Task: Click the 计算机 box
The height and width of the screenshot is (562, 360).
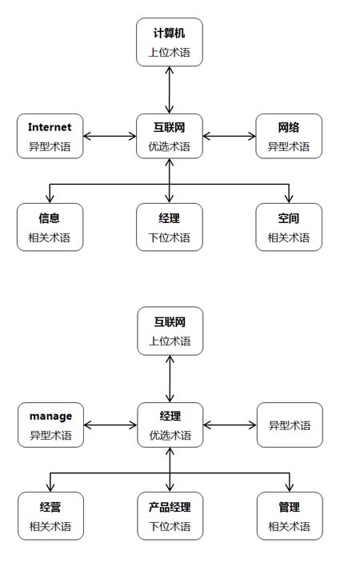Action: pyautogui.click(x=170, y=42)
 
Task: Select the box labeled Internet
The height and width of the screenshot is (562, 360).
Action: pyautogui.click(x=50, y=136)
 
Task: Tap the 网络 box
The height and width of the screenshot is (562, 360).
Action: pyautogui.click(x=289, y=136)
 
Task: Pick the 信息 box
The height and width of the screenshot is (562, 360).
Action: pyautogui.click(x=50, y=227)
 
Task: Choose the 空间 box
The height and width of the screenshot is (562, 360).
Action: pyautogui.click(x=289, y=227)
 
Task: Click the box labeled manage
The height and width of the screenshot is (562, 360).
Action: pyautogui.click(x=50, y=425)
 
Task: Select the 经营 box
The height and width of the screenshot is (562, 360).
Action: pyautogui.click(x=50, y=516)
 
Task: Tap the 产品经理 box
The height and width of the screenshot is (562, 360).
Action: pyautogui.click(x=170, y=516)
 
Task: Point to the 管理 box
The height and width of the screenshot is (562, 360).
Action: pyautogui.click(x=290, y=516)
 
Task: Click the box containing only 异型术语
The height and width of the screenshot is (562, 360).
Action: pyautogui.click(x=290, y=425)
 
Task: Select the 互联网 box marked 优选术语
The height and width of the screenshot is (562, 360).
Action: pyautogui.click(x=170, y=136)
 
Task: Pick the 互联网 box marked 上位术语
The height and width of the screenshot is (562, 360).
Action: pyautogui.click(x=170, y=331)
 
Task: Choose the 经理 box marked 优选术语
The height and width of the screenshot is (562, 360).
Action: pyautogui.click(x=170, y=425)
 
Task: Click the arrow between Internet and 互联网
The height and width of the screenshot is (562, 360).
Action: pyautogui.click(x=110, y=136)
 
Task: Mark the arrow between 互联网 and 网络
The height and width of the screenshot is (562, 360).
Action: pyautogui.click(x=229, y=136)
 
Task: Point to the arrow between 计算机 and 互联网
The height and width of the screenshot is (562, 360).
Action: pyautogui.click(x=170, y=90)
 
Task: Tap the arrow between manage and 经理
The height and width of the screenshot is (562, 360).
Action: pyautogui.click(x=110, y=425)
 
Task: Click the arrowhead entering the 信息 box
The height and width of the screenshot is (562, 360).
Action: pyautogui.click(x=50, y=198)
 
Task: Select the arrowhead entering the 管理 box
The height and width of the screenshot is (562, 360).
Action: pyautogui.click(x=290, y=488)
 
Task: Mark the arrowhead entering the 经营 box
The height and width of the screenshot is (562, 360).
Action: pyautogui.click(x=50, y=488)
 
